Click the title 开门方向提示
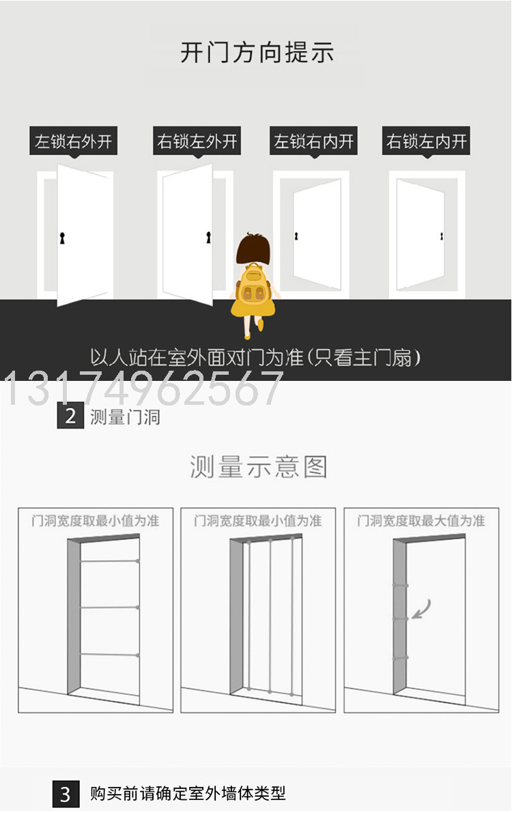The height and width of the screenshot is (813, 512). coord(257,53)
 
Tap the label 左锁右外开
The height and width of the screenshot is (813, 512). coord(73,141)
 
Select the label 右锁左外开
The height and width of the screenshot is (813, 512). coord(197,141)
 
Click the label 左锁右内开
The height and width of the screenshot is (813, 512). coord(314,141)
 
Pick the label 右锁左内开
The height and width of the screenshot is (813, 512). coord(427,141)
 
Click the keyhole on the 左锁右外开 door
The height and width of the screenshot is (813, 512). coord(62,238)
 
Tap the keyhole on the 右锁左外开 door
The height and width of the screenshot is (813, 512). coord(208,238)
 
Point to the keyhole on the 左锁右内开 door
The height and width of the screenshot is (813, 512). coord(296,236)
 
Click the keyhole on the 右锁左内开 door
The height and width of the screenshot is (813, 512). coord(442,236)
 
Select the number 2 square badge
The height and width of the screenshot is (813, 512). coord(70,416)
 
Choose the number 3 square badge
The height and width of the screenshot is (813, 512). coord(66,794)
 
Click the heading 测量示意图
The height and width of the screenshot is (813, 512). coord(258,467)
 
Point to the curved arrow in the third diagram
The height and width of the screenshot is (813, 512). coord(422,609)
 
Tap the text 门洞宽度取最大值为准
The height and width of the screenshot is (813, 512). coord(421,521)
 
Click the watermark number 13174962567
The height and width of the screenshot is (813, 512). coord(143,388)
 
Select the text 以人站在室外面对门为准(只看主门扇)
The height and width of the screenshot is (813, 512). coord(255,358)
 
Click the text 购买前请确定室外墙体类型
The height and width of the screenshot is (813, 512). coord(188,793)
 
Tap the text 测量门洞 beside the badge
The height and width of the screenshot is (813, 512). coord(125,417)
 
